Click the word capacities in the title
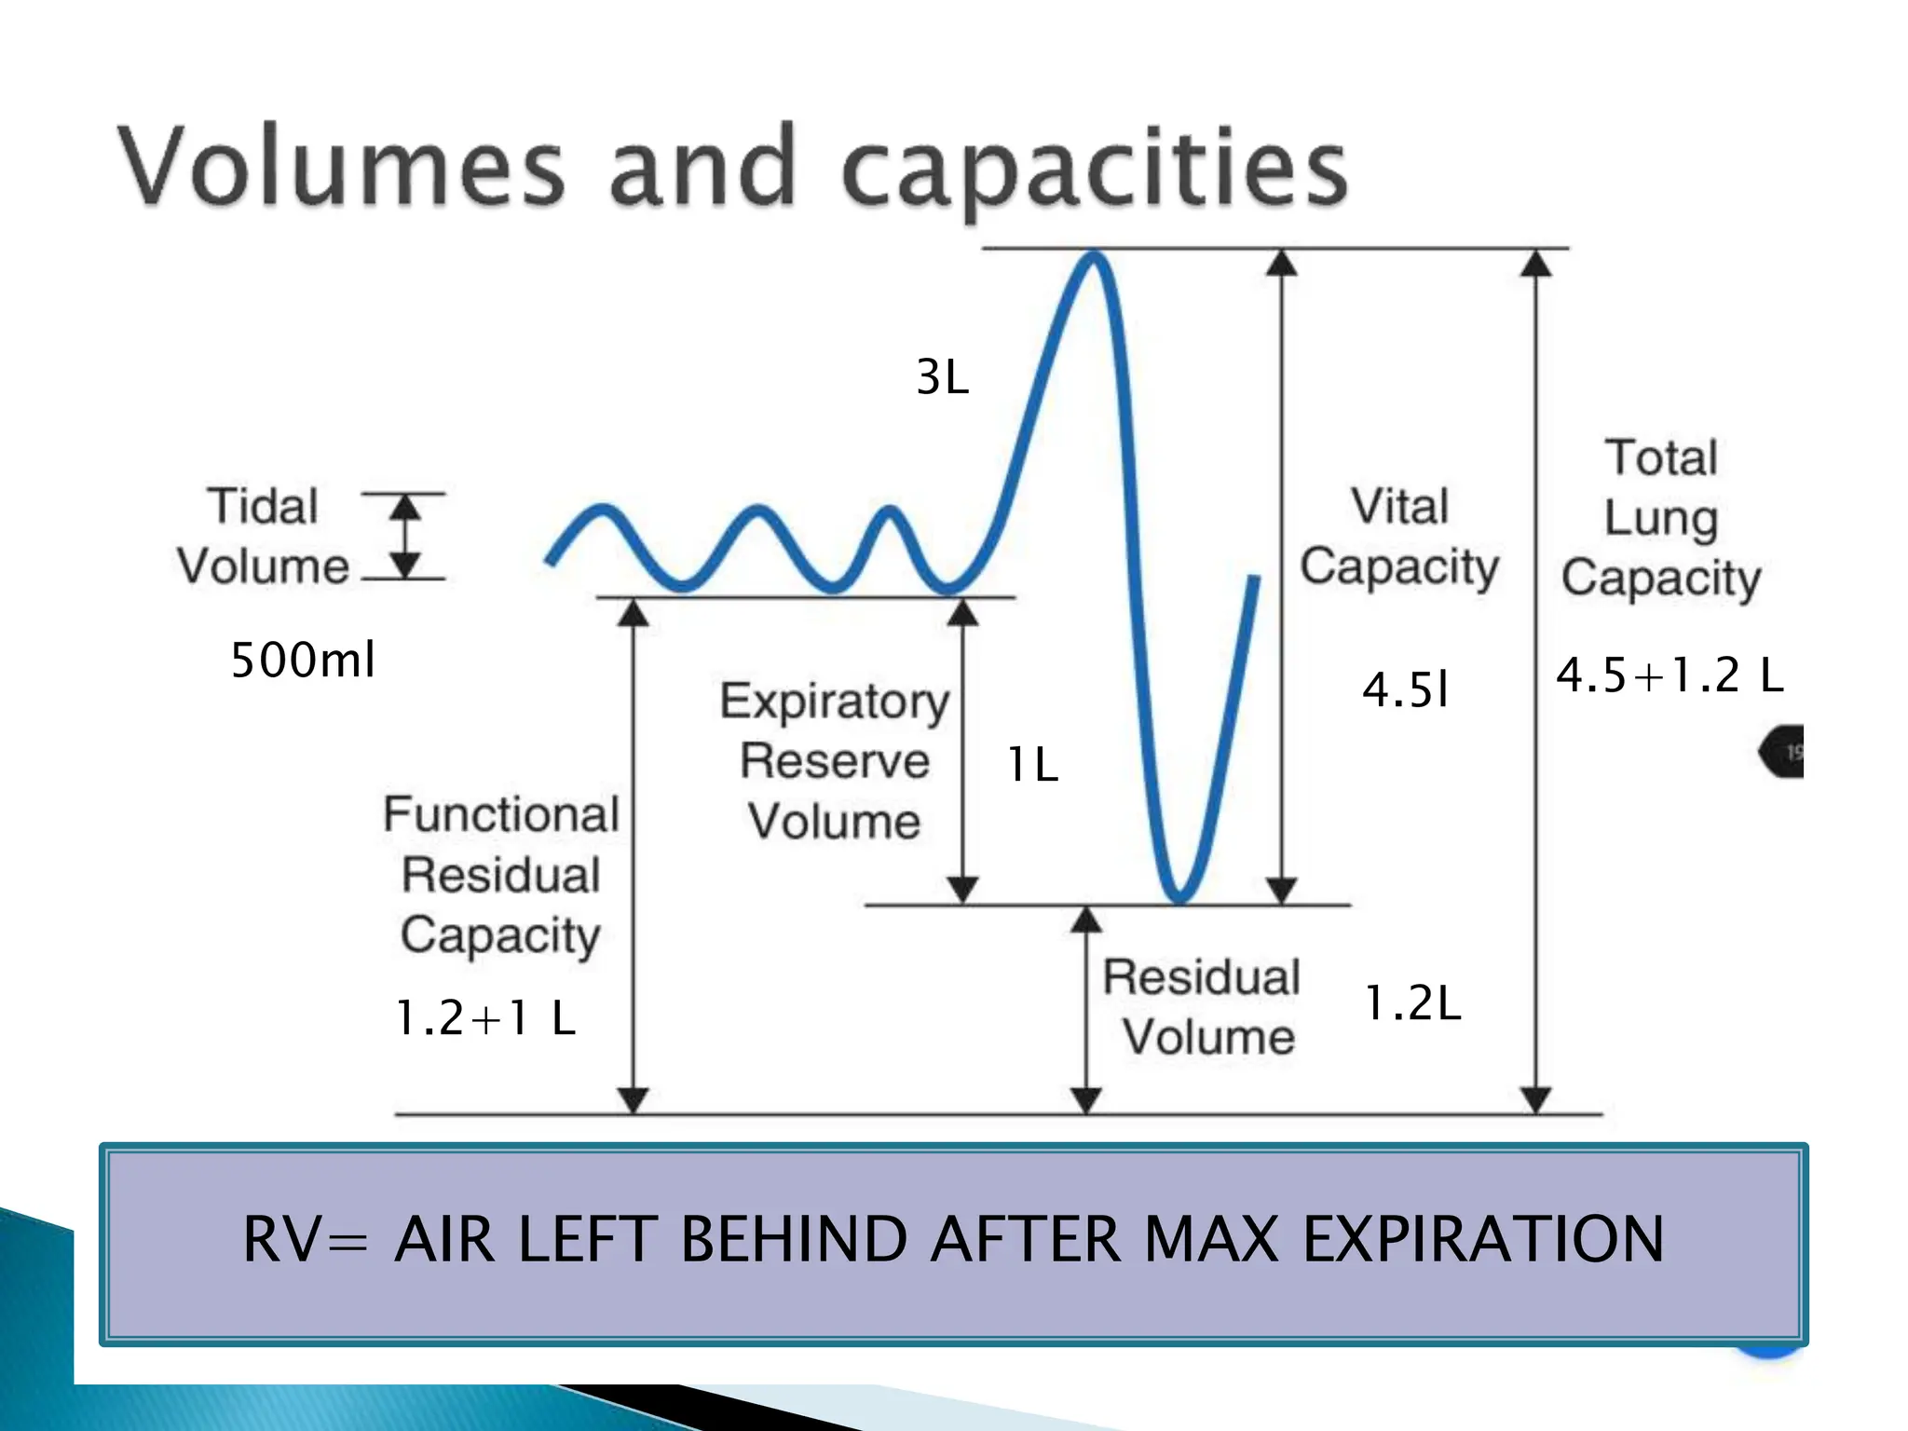click(1095, 170)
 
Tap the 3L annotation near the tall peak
click(942, 377)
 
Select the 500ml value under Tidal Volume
click(303, 661)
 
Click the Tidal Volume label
click(263, 537)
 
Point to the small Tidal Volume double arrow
click(404, 537)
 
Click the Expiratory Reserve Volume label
click(834, 760)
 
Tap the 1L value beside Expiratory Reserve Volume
click(1032, 765)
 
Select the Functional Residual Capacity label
click(500, 874)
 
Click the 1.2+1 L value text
click(485, 1017)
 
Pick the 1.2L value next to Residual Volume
click(1412, 1003)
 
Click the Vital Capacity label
click(1398, 537)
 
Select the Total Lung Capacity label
click(1661, 518)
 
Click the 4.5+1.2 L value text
click(1669, 675)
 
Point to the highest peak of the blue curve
click(1095, 257)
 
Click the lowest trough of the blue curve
click(1179, 896)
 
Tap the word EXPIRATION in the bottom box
click(1482, 1240)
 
